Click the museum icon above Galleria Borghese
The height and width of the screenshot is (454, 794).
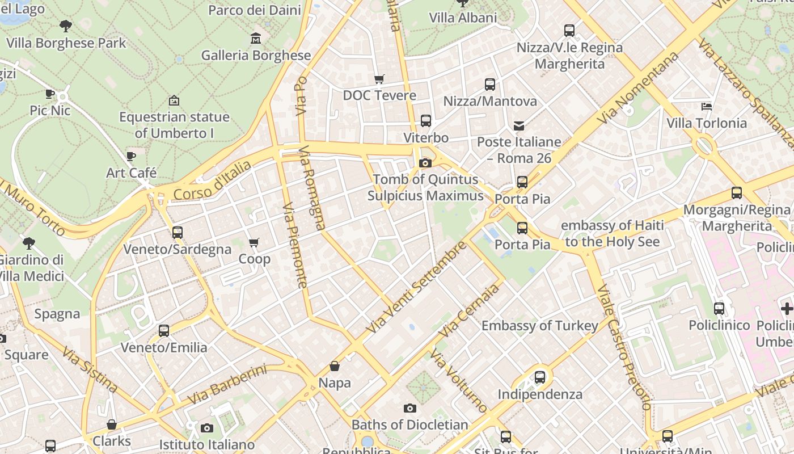click(256, 39)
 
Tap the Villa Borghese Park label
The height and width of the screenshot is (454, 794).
click(66, 43)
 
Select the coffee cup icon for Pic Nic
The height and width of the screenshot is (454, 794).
click(50, 94)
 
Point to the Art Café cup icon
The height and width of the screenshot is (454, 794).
click(131, 156)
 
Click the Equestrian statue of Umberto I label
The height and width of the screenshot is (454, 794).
click(174, 125)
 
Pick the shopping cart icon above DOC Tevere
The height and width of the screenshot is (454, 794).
click(379, 79)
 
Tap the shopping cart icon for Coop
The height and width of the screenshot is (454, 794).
click(254, 243)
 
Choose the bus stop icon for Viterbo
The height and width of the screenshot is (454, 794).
click(425, 121)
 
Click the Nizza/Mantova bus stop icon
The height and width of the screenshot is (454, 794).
click(489, 85)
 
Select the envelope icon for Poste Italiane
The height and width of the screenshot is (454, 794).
click(519, 125)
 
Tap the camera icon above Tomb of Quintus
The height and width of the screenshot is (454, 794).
click(425, 163)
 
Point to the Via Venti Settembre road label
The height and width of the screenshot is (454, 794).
click(417, 287)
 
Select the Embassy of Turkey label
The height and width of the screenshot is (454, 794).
click(539, 326)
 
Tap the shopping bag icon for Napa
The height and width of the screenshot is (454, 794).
click(335, 367)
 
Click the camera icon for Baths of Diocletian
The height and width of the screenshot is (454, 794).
click(409, 409)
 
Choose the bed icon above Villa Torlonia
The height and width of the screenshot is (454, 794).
click(706, 106)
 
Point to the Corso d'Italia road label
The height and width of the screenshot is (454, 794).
click(212, 180)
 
